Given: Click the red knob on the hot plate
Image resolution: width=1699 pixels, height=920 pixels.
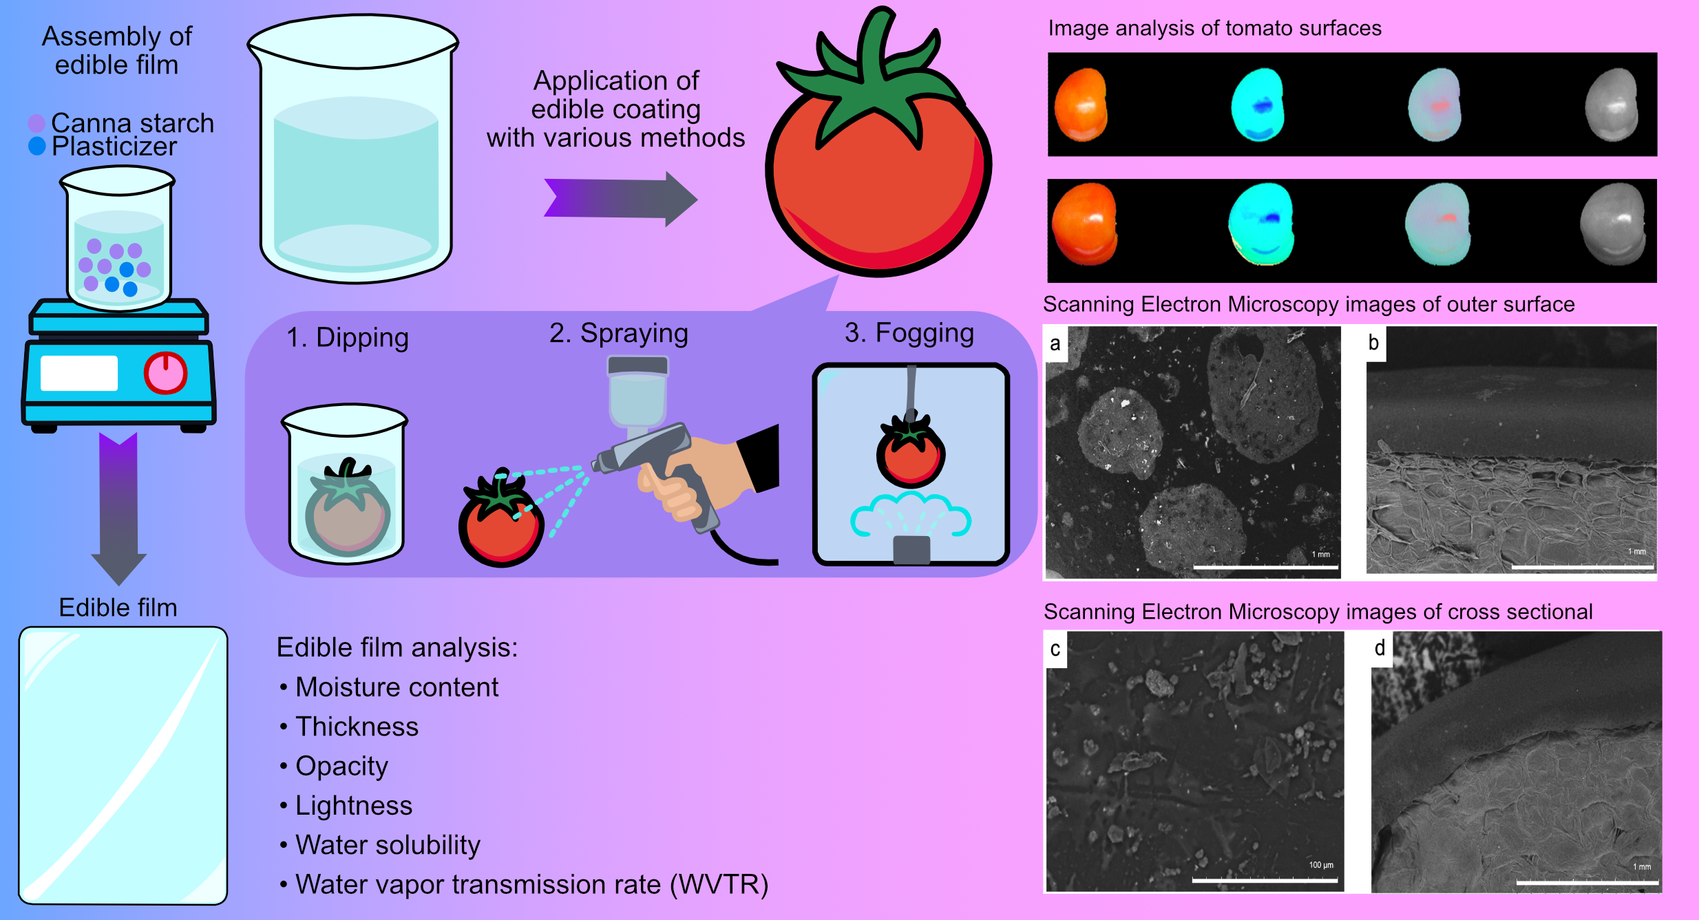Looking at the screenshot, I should click(x=165, y=373).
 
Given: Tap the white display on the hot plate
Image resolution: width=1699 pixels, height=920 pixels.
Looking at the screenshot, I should click(x=79, y=373).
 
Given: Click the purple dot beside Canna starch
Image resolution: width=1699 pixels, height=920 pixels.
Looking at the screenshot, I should click(x=36, y=123).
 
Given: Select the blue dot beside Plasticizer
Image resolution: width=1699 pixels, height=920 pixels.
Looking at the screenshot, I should click(x=36, y=146).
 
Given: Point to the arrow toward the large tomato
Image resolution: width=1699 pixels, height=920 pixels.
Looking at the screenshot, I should click(x=620, y=199).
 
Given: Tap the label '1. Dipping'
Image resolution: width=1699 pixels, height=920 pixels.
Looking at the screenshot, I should click(x=348, y=338).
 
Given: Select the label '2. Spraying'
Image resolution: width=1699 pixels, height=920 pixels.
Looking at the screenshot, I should click(x=618, y=333).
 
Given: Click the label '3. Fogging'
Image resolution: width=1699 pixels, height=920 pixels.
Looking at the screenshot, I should click(x=909, y=333).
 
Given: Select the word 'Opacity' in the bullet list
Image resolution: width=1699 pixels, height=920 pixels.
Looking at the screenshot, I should click(x=341, y=766).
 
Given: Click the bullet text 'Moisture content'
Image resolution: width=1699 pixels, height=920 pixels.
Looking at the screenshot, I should click(x=397, y=687).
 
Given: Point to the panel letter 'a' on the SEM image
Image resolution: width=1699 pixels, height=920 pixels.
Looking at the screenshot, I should click(x=1055, y=343).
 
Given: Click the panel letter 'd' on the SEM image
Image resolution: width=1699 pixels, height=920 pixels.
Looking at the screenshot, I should click(x=1380, y=648).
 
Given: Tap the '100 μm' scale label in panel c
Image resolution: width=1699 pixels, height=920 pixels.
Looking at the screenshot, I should click(x=1320, y=865).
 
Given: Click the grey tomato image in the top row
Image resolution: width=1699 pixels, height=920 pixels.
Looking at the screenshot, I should click(x=1611, y=105).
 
